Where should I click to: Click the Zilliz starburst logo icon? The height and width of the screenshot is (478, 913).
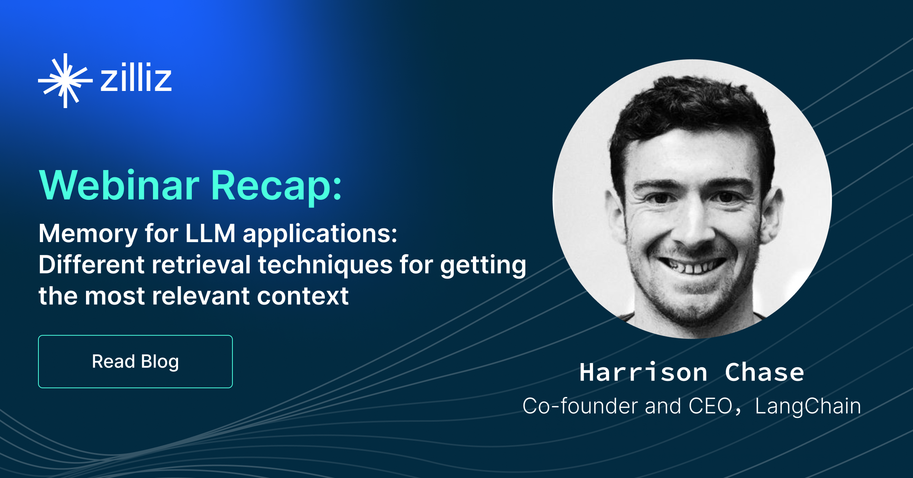[65, 81]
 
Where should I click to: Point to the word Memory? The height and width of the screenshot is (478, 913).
[88, 234]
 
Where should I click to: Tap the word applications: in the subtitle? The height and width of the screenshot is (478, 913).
[320, 234]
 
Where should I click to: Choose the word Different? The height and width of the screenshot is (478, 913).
[91, 264]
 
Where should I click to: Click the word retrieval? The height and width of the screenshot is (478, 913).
[201, 264]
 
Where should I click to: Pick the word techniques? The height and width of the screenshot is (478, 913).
[325, 265]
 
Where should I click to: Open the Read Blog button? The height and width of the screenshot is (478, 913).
[135, 362]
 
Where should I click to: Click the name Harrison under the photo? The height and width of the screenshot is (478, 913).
[643, 372]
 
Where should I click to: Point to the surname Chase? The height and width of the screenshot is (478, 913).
[764, 372]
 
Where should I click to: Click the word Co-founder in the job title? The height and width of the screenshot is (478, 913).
[581, 406]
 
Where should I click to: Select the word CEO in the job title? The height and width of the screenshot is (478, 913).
[711, 406]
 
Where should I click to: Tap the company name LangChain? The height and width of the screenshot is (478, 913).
[808, 406]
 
